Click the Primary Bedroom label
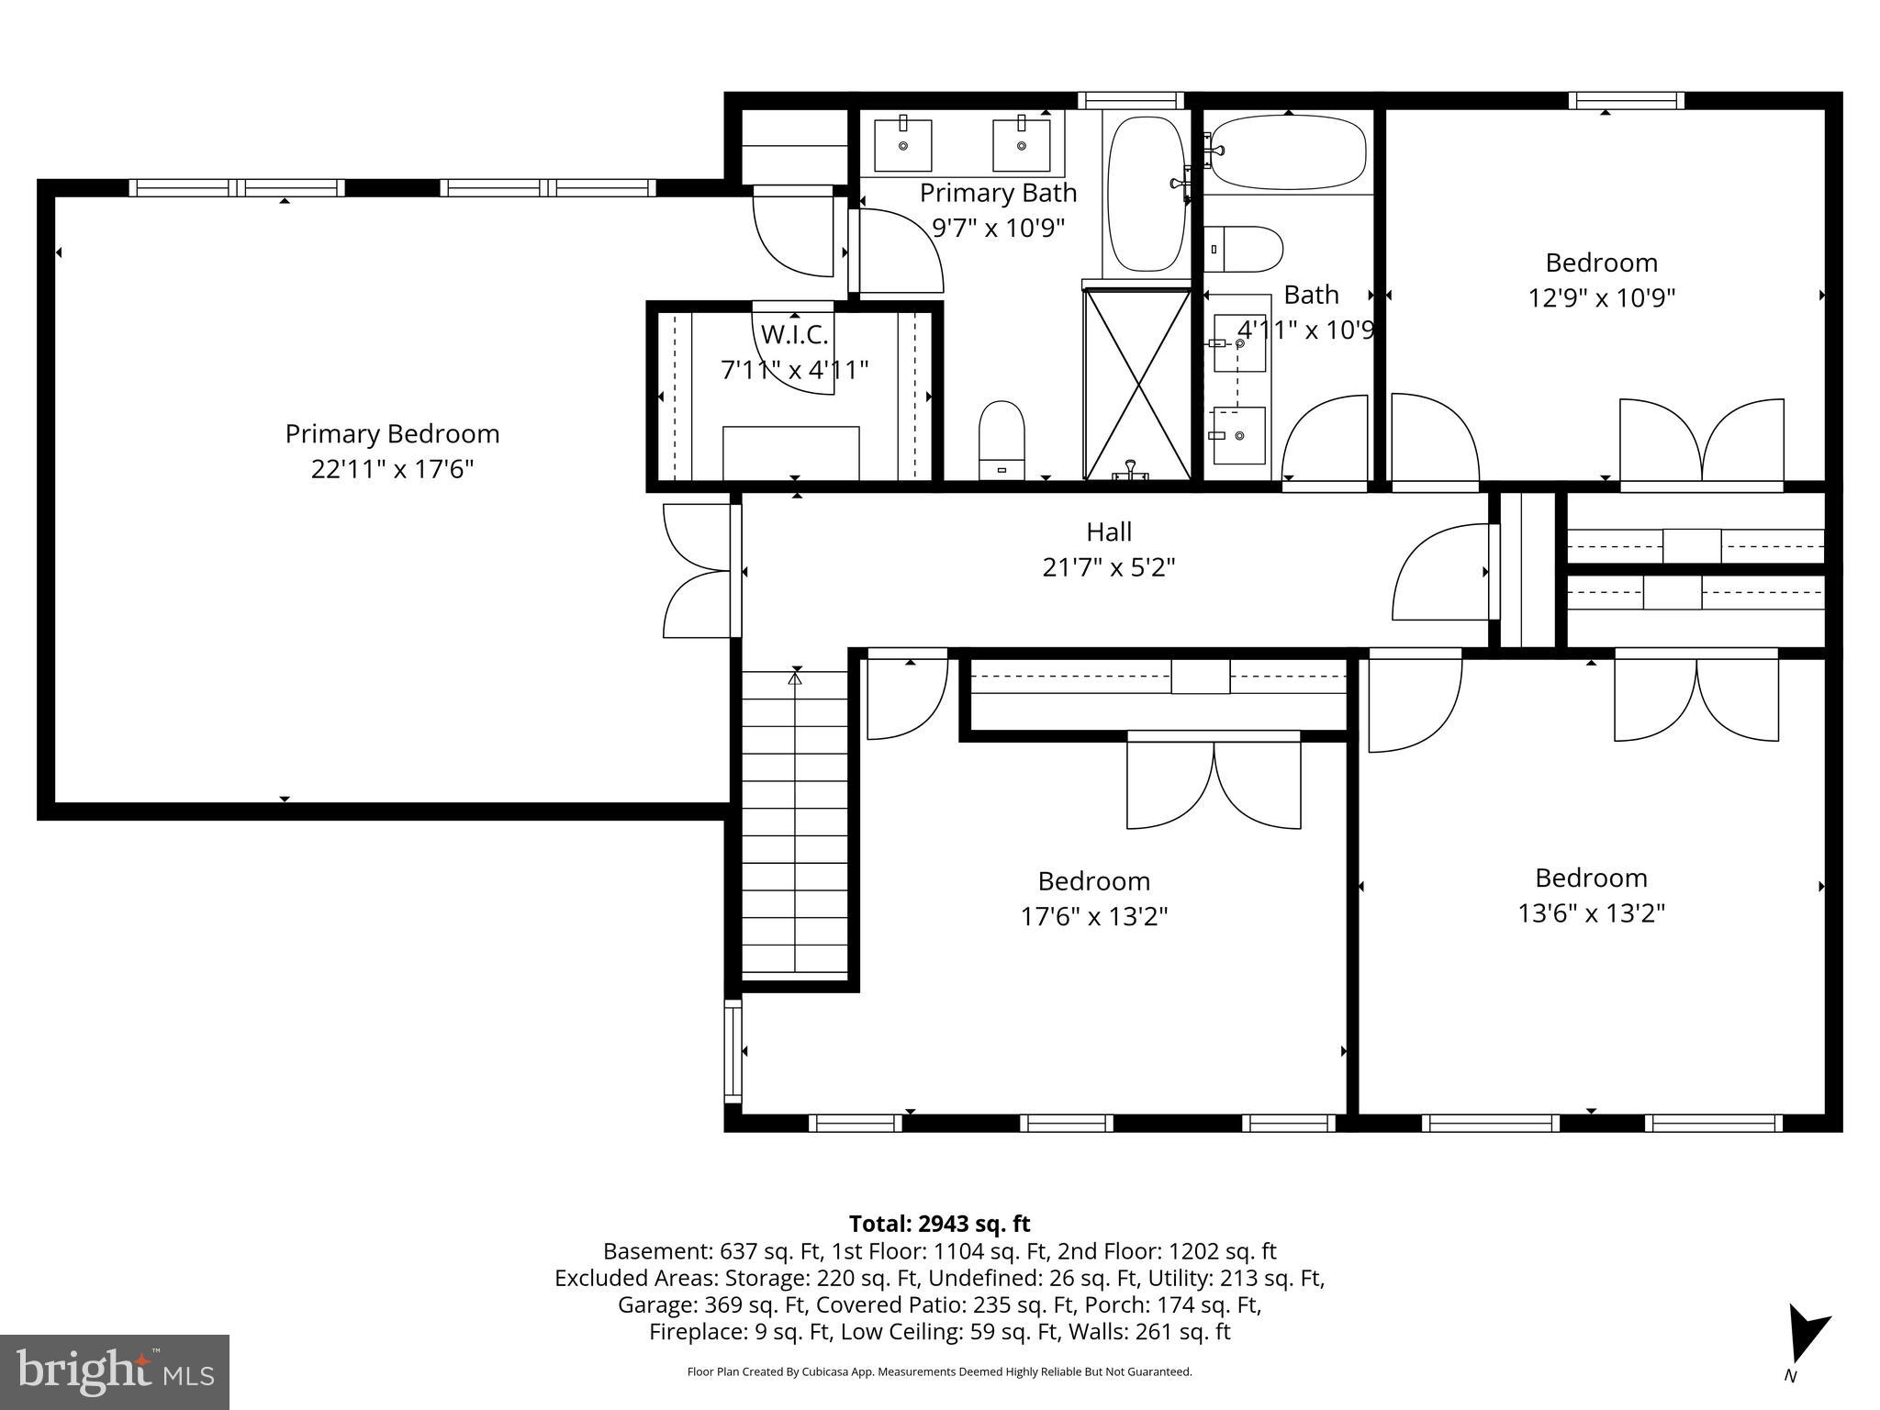392,433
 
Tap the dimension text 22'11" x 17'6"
392,469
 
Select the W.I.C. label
794,334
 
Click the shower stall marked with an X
1137,383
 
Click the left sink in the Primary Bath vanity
902,144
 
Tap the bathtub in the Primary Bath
1146,194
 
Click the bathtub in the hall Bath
1288,152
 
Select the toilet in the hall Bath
1243,250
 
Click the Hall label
1109,532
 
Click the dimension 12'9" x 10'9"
1601,298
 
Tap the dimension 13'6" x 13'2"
1591,913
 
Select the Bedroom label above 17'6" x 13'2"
1093,881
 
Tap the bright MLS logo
115,1371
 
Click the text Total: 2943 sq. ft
939,1224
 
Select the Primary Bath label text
998,193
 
